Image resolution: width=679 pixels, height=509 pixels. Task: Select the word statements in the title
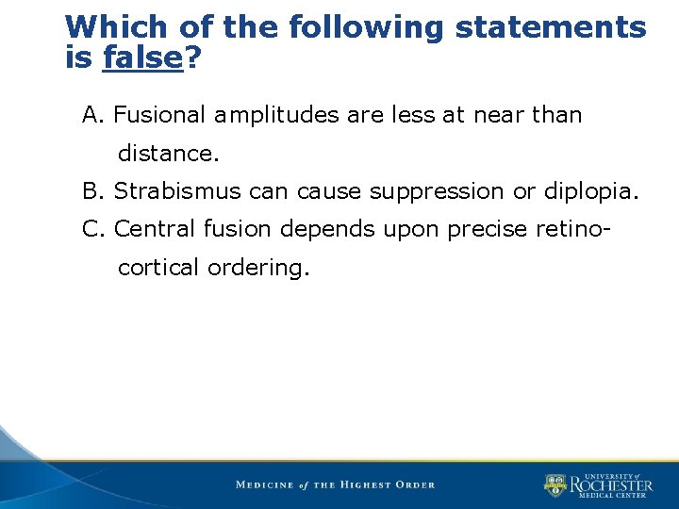tap(551, 27)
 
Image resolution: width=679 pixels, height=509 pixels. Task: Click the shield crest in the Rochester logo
tap(555, 485)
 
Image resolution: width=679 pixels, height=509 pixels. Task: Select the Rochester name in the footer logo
tap(610, 485)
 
